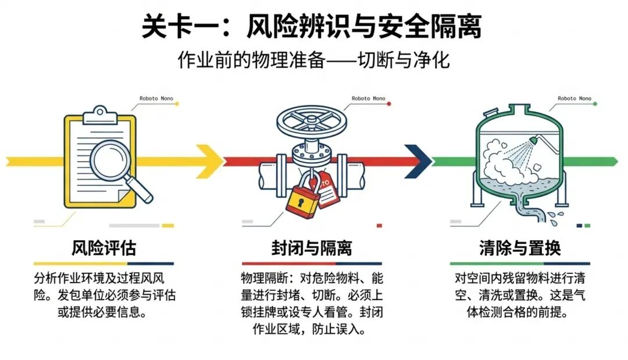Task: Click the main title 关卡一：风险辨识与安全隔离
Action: point(312,26)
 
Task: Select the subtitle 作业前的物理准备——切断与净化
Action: point(313,60)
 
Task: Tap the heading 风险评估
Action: point(104,248)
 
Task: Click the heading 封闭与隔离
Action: point(312,248)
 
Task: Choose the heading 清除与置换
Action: point(520,248)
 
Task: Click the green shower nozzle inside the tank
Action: point(533,140)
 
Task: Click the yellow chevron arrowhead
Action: point(209,161)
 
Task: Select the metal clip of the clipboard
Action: point(100,115)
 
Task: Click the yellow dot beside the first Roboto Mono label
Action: point(177,104)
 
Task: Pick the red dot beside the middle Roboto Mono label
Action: point(389,104)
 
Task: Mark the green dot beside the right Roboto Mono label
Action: point(595,104)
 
